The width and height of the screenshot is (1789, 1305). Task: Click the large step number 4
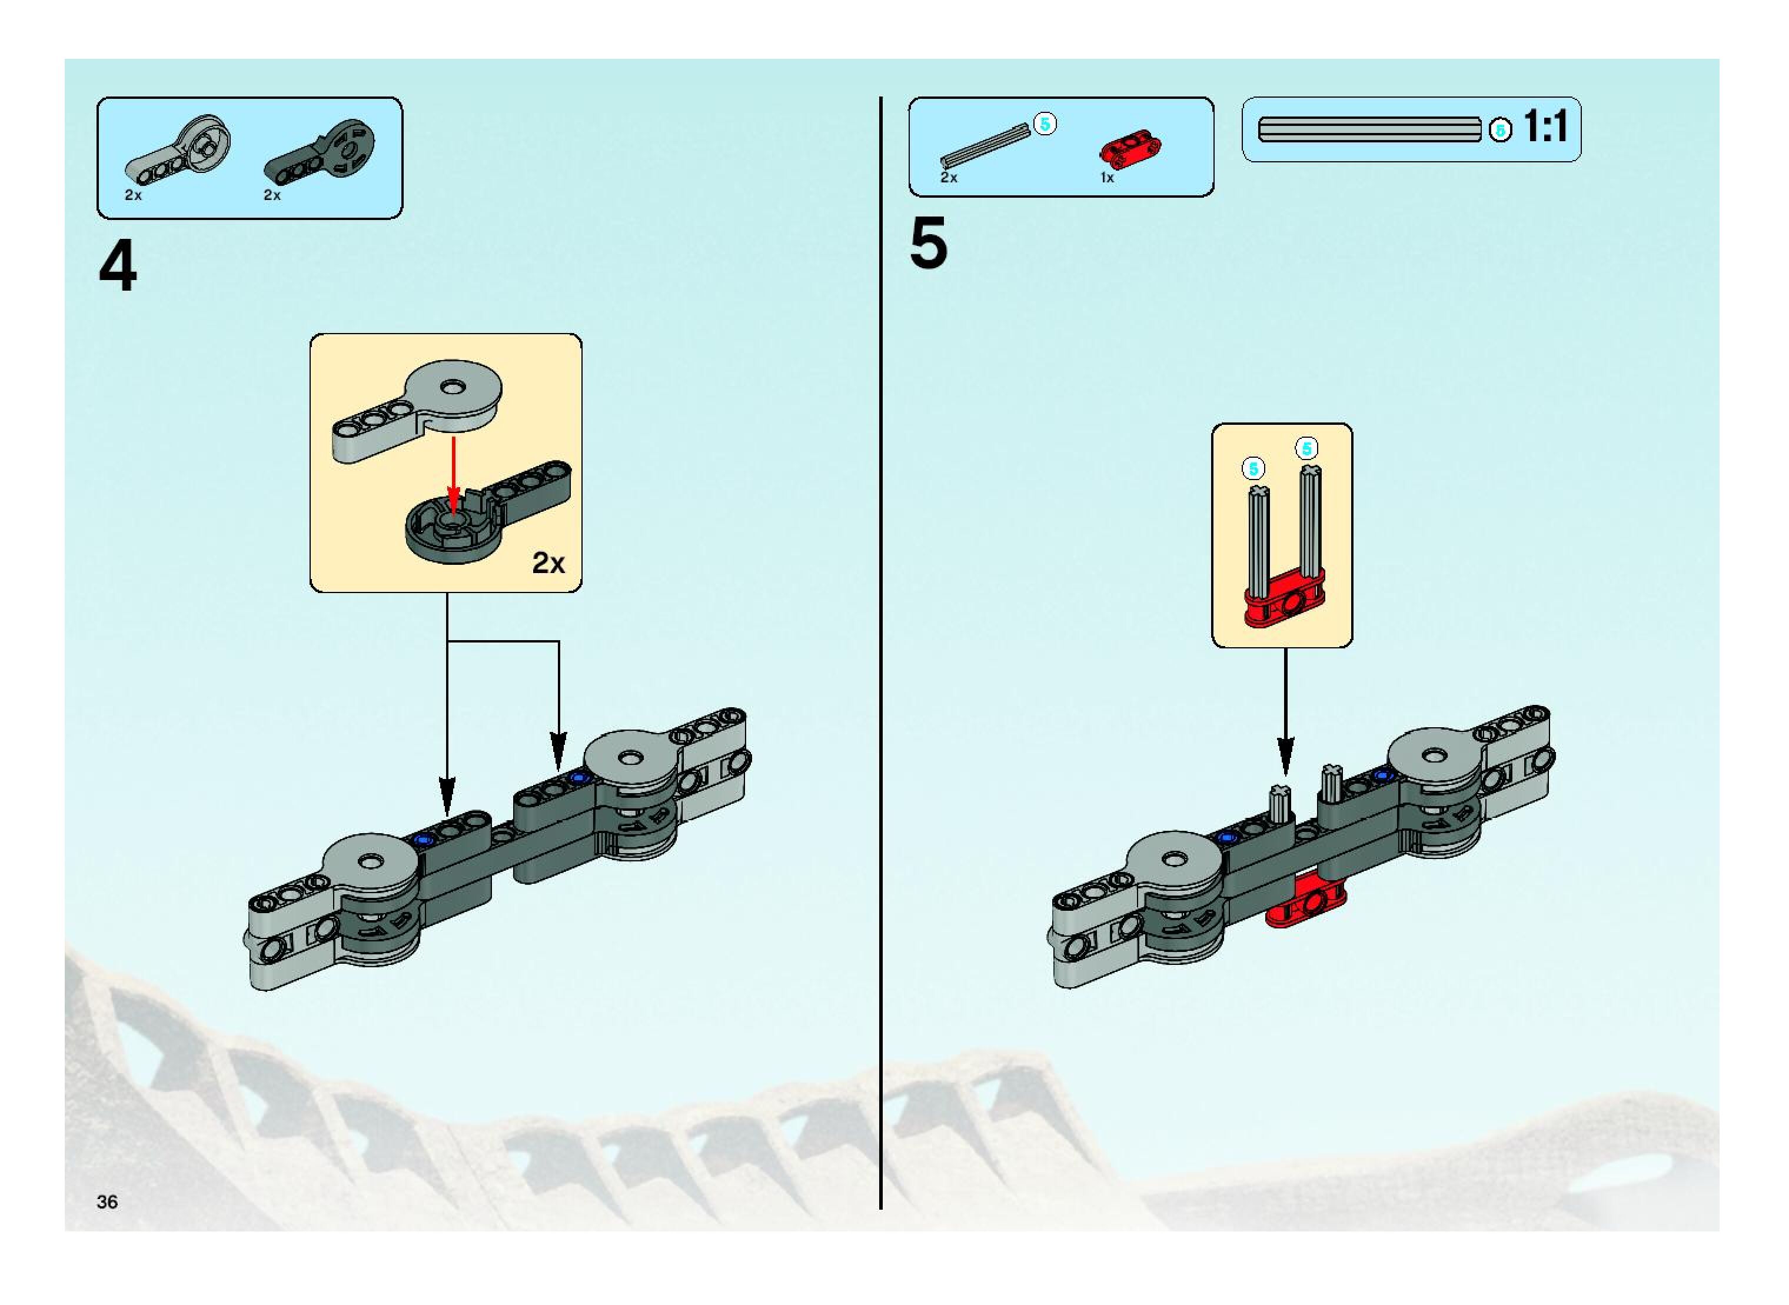tap(118, 267)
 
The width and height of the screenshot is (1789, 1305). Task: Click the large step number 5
tap(929, 244)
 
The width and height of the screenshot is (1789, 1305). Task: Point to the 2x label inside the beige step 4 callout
tap(548, 563)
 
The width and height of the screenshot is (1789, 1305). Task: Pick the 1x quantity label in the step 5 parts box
tap(1107, 178)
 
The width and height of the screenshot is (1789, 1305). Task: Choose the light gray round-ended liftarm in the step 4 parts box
tap(180, 150)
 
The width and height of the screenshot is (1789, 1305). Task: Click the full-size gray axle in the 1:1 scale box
tap(1369, 129)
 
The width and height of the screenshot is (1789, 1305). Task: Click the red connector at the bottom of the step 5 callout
tap(1284, 606)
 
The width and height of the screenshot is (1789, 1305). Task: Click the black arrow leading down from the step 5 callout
tap(1286, 711)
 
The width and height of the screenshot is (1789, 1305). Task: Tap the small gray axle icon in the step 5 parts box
tap(985, 148)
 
